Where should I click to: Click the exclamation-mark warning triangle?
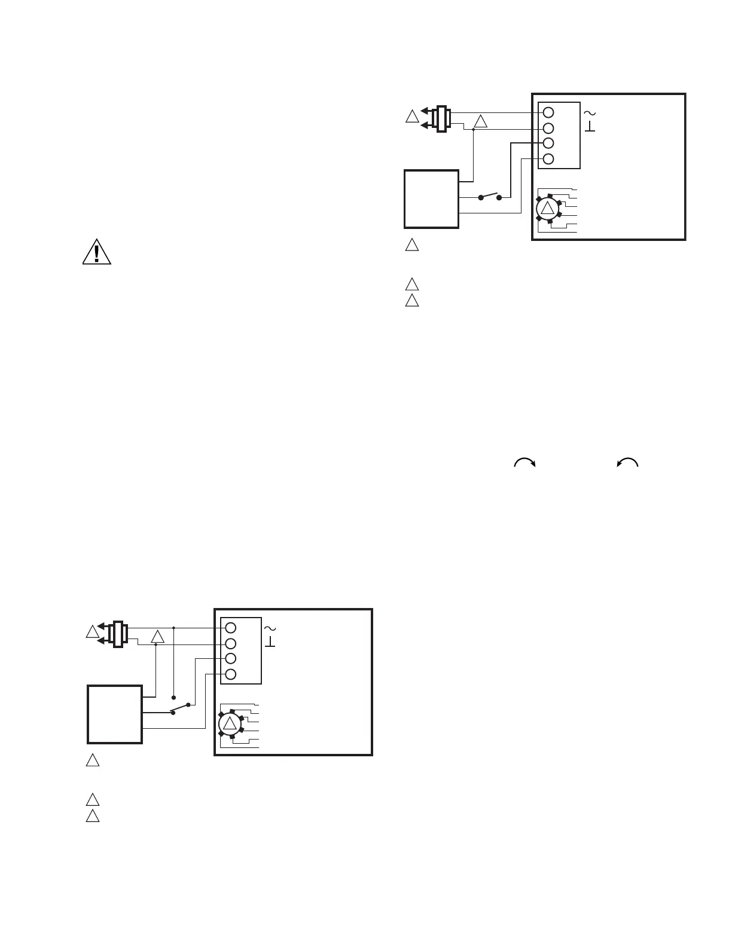(96, 252)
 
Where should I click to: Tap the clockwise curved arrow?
(524, 462)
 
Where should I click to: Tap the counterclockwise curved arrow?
(628, 462)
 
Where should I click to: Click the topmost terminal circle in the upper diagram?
(548, 112)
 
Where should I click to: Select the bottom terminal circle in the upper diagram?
(548, 159)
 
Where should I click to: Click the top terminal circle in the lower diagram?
(231, 628)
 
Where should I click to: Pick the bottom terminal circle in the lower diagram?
(231, 674)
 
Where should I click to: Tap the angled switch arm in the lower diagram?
(180, 708)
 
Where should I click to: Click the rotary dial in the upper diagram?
(547, 207)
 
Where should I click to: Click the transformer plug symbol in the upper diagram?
(442, 118)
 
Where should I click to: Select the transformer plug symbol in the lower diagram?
(118, 634)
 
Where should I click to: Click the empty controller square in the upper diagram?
(431, 199)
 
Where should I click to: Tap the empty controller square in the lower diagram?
(115, 714)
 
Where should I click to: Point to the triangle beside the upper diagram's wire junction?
(481, 122)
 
